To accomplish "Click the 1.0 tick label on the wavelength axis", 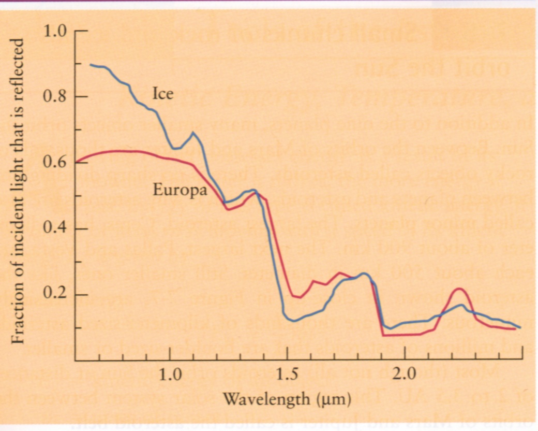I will (169, 374).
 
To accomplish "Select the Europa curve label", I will (180, 190).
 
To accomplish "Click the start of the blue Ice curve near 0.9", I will (90, 65).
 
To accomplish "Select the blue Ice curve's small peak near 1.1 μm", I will (193, 133).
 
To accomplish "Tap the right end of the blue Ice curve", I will (520, 327).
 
